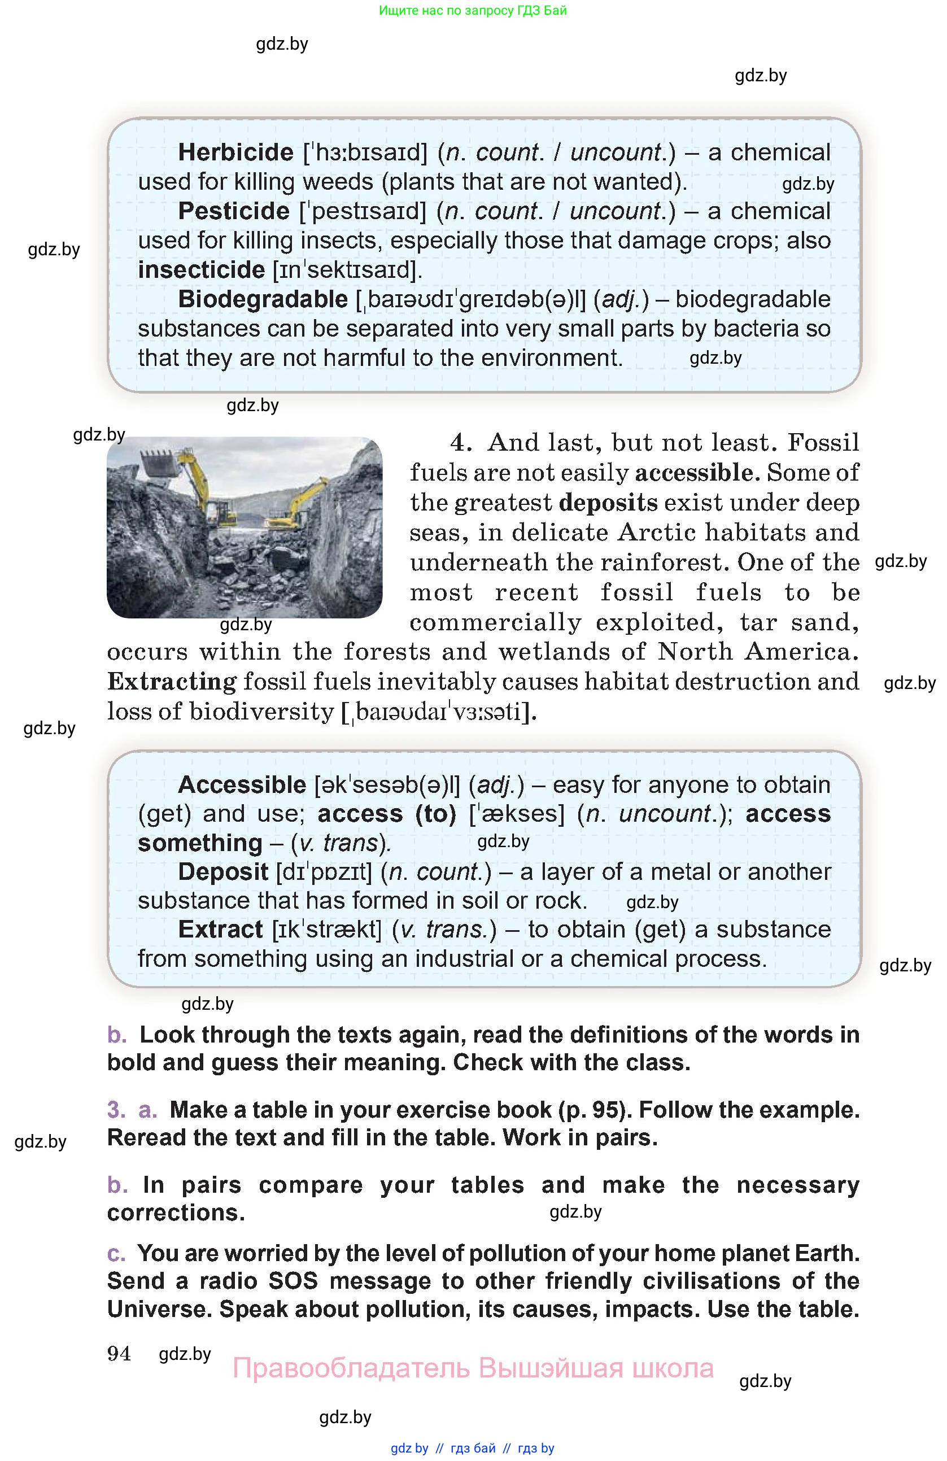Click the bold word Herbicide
point(235,152)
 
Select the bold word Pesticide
point(233,211)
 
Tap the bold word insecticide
point(201,270)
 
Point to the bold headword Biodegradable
point(263,299)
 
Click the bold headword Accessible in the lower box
point(242,784)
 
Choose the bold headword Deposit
point(223,872)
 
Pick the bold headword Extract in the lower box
point(220,930)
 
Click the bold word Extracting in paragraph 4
point(172,682)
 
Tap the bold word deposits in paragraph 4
point(608,502)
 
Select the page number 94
point(119,1354)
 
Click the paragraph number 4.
point(460,443)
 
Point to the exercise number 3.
point(116,1110)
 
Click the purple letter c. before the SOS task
point(116,1253)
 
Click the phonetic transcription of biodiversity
point(438,712)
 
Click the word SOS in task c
point(294,1281)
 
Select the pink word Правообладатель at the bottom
point(351,1368)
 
